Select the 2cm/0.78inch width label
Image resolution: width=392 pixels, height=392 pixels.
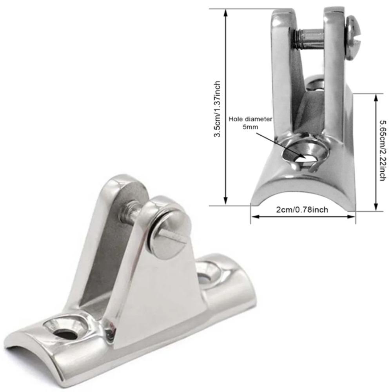tap(302, 210)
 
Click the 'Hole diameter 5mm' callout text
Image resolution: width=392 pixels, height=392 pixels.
tap(251, 123)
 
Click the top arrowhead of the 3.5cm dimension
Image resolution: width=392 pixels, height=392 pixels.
tap(225, 13)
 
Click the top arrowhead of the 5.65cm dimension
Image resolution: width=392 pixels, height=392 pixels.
tap(376, 98)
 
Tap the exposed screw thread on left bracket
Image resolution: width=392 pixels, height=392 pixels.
tap(127, 214)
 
